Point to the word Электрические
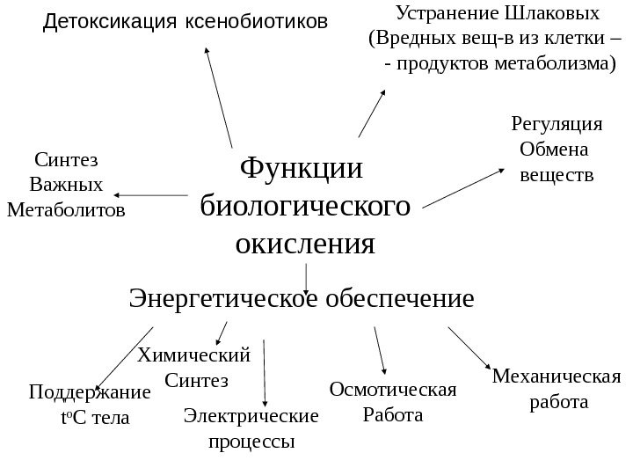pyautogui.click(x=251, y=414)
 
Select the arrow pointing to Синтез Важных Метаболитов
pyautogui.click(x=150, y=194)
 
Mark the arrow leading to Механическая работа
pyautogui.click(x=471, y=348)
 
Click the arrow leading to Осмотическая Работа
pyautogui.click(x=380, y=355)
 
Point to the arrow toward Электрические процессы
pyautogui.click(x=265, y=373)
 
